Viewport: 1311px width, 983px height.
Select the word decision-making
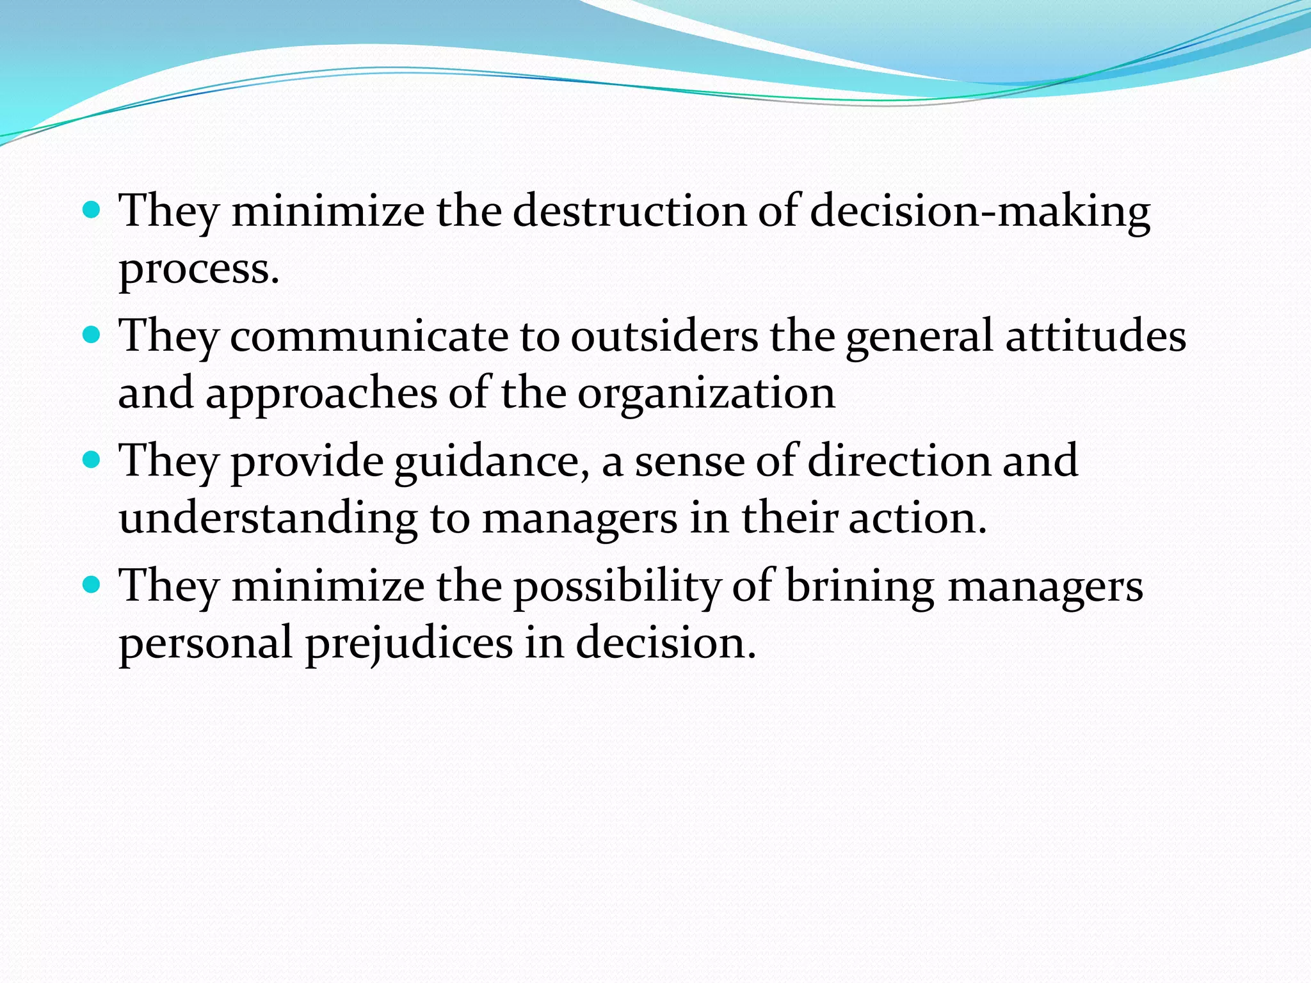coord(979,212)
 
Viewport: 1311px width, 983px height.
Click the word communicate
coord(369,336)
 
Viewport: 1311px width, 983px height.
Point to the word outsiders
coord(664,336)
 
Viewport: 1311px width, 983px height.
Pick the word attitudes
coord(1095,336)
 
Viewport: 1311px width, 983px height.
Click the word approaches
coord(321,394)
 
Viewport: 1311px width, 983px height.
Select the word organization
coord(706,394)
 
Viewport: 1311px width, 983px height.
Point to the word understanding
coord(268,518)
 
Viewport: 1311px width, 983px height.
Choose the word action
coord(917,518)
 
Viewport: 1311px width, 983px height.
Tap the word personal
coord(205,644)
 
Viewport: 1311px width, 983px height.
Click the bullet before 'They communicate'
coord(92,334)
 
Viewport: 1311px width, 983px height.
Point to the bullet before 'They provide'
coord(92,459)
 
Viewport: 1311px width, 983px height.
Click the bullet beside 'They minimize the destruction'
coord(92,209)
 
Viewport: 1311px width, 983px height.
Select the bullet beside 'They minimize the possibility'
coord(92,584)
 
